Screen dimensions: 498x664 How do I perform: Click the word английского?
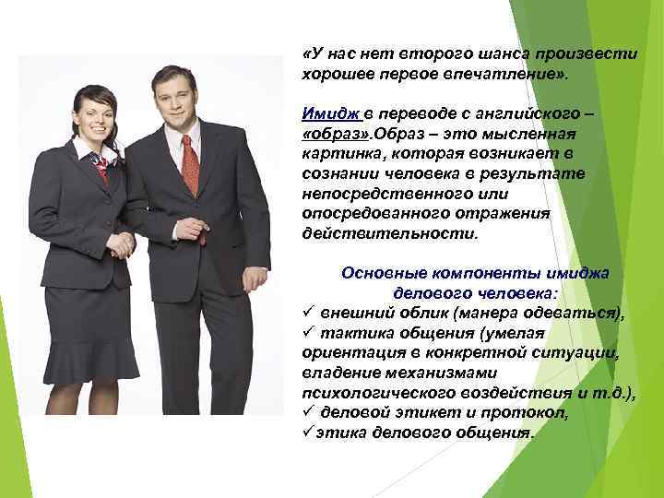(x=527, y=113)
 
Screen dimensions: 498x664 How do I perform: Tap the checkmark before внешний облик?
(x=308, y=314)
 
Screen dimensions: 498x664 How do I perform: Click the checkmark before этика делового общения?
(x=308, y=432)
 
